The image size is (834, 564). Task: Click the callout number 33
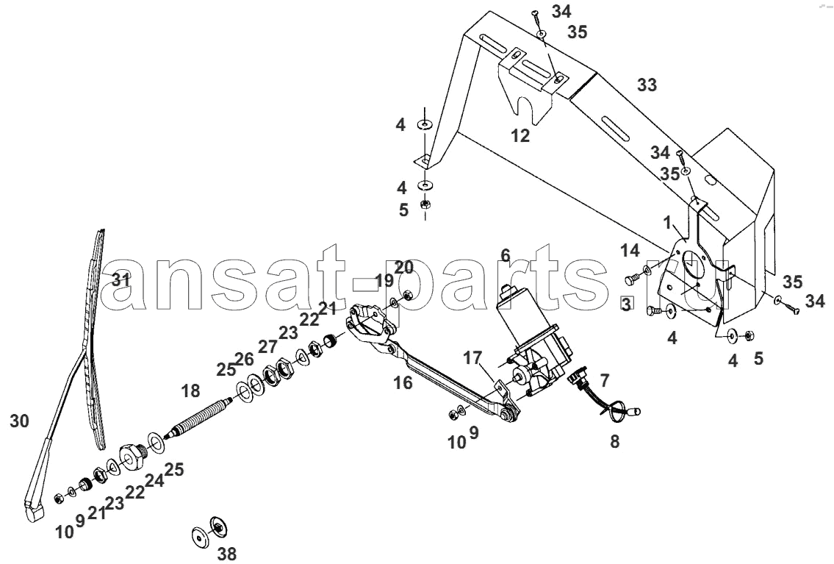coord(647,85)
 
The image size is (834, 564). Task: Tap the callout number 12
coord(521,136)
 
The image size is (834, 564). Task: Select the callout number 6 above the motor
coord(506,255)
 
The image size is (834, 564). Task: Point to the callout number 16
coord(403,382)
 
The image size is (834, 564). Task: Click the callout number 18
coord(190,391)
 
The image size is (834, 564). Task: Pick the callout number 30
coord(20,421)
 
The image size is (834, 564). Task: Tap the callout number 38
coord(227,554)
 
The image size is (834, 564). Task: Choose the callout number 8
coord(615,442)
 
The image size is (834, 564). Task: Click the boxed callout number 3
coord(627,305)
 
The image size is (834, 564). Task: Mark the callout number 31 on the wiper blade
coord(121,279)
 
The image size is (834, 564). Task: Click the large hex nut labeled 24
coord(132,456)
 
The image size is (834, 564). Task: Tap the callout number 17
coord(472,357)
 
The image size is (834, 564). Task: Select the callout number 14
coord(630,249)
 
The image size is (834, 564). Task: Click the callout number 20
coord(403,267)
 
